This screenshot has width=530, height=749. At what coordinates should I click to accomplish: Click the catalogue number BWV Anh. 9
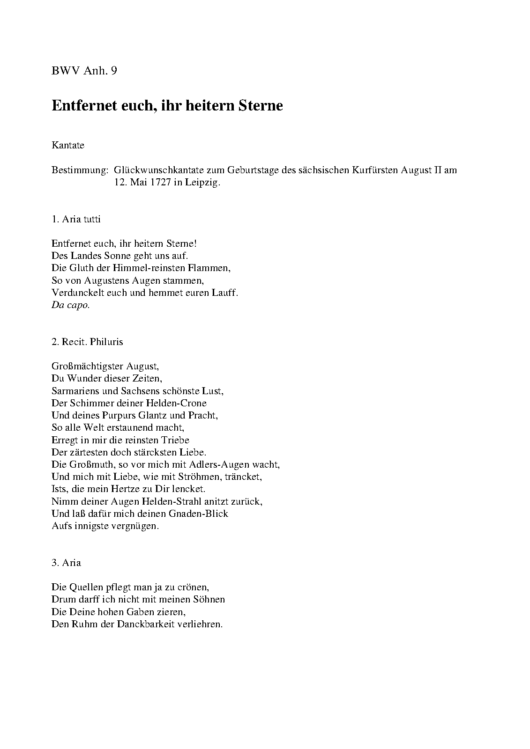click(x=84, y=71)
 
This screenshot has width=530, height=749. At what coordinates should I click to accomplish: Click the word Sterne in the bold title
click(x=261, y=105)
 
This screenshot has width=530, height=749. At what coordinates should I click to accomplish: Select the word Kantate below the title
click(x=68, y=145)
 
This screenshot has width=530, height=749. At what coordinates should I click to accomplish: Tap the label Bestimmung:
click(x=80, y=170)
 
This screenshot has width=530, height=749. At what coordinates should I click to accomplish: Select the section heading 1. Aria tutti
click(x=76, y=219)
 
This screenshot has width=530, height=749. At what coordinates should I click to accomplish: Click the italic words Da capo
click(x=70, y=305)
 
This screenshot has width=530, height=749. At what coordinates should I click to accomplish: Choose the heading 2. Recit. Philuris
click(x=87, y=342)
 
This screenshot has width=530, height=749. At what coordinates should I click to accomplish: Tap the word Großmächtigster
click(x=88, y=367)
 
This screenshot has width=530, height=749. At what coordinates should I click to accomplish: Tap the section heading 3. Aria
click(x=66, y=563)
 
